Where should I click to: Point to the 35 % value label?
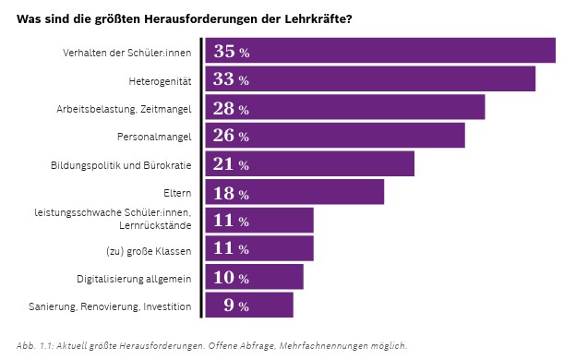[x=231, y=52]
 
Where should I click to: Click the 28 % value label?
[x=231, y=109]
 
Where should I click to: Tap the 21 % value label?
[x=231, y=165]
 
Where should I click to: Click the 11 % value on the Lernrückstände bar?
[x=231, y=222]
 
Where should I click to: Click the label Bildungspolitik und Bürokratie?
[x=121, y=165]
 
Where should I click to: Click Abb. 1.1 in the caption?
[x=34, y=345]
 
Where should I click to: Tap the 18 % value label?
[x=231, y=194]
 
